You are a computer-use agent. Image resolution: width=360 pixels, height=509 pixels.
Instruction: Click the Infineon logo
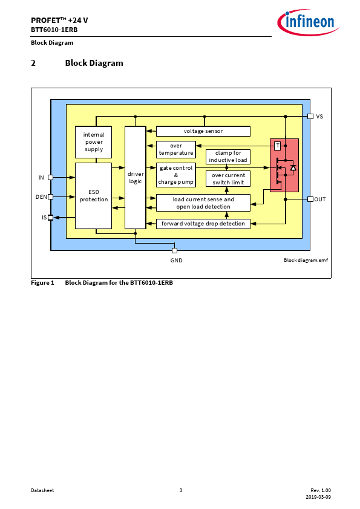click(308, 22)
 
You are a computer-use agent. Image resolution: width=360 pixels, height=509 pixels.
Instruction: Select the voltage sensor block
click(203, 131)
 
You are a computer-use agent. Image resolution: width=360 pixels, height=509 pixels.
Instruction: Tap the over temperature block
click(176, 149)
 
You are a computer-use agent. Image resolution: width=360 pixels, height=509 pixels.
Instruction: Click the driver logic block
click(135, 178)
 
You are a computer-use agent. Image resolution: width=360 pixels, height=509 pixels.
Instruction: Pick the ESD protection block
click(94, 196)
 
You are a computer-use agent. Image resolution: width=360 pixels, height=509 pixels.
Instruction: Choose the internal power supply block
click(94, 142)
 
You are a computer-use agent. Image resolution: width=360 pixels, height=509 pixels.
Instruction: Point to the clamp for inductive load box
click(228, 157)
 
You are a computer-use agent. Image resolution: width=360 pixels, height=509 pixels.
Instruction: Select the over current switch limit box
click(228, 179)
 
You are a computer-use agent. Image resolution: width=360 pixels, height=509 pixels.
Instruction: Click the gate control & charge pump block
click(176, 175)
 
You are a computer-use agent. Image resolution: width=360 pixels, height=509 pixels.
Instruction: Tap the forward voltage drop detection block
click(203, 224)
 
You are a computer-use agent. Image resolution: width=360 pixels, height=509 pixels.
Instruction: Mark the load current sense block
click(203, 203)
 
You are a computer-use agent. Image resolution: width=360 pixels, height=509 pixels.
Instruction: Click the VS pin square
click(310, 116)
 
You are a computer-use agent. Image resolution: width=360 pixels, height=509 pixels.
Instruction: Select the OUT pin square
click(310, 199)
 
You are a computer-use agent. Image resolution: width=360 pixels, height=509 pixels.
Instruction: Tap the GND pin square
click(174, 250)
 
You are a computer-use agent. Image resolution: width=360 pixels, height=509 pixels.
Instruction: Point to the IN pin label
click(41, 178)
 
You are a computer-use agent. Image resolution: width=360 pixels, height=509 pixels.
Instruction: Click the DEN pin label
click(41, 196)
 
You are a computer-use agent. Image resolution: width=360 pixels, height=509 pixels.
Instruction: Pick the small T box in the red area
click(278, 146)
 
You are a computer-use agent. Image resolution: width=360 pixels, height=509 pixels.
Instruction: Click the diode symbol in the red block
click(293, 167)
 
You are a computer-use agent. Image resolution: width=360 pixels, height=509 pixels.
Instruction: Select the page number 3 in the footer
click(181, 490)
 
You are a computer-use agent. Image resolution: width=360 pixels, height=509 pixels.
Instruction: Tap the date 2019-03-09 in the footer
click(318, 497)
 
